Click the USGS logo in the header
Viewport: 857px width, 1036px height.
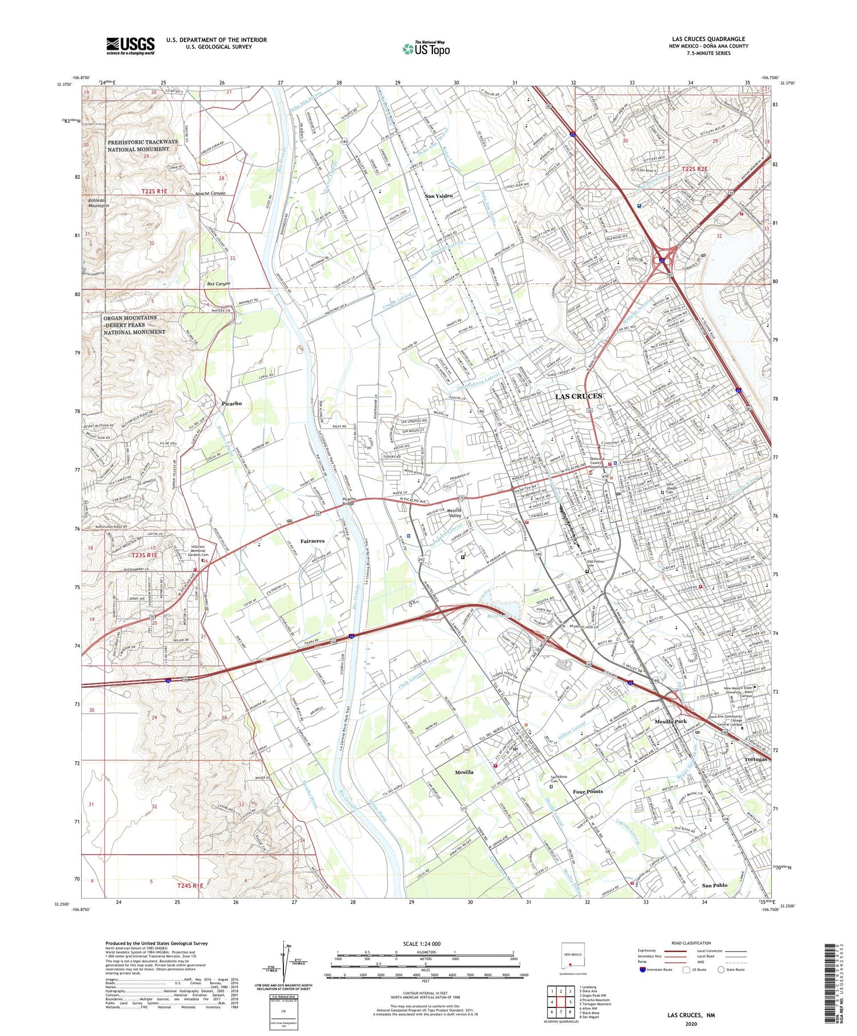130,46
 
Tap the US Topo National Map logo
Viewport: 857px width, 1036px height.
426,49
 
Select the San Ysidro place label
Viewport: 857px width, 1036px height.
438,196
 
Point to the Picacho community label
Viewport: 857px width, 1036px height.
231,403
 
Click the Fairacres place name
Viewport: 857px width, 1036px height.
313,541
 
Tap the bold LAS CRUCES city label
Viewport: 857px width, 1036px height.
578,396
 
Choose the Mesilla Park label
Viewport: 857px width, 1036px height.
671,722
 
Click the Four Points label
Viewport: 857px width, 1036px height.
587,791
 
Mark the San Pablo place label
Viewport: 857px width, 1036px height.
714,885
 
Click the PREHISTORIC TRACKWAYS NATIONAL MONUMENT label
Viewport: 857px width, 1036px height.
142,145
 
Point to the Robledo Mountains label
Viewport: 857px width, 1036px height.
99,203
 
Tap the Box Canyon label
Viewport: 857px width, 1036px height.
218,284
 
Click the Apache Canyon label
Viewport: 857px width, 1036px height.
210,194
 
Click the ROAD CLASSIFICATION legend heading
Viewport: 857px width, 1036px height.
691,943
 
